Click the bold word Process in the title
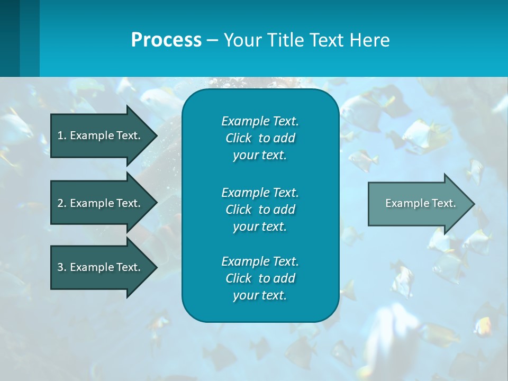166,40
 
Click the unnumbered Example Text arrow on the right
420,203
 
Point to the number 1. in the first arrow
62,135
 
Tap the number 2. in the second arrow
62,203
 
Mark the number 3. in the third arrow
62,267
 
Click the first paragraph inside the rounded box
260,138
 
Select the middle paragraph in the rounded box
260,209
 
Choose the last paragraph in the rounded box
260,278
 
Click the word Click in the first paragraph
239,138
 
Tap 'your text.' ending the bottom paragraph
260,295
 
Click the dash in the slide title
212,40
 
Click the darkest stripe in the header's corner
10,38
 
